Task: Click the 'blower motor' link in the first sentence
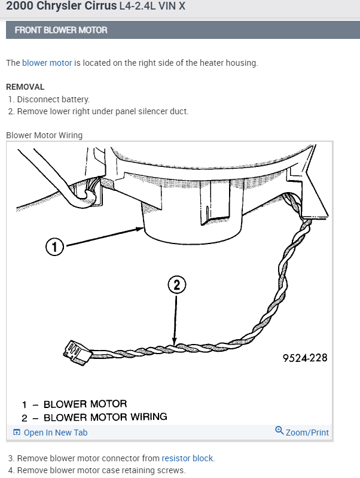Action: tap(47, 63)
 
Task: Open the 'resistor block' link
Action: tap(187, 458)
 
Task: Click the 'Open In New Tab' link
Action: tap(55, 433)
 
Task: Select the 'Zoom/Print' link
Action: tap(307, 432)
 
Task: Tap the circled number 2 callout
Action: tap(176, 285)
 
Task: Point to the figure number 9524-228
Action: tap(305, 358)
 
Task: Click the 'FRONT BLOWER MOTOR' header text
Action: tap(61, 30)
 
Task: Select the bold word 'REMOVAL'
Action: tap(25, 87)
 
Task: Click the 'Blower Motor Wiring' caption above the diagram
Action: tap(44, 135)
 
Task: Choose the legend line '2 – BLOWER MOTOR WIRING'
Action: tap(94, 417)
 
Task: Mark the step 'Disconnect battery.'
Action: tap(53, 99)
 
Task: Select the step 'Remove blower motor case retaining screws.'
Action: tap(101, 470)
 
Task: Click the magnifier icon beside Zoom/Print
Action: tap(279, 431)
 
